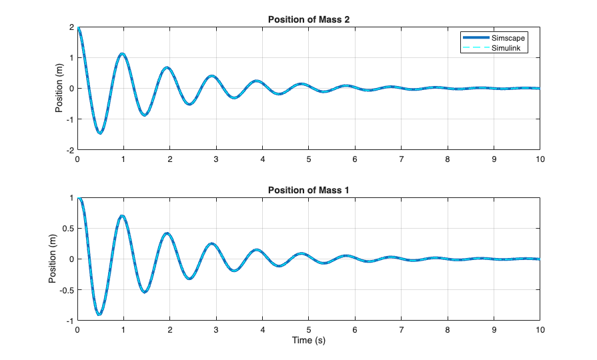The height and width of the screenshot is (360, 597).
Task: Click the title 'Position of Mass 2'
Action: pos(308,19)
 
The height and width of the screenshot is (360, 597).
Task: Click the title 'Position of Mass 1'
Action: pos(308,190)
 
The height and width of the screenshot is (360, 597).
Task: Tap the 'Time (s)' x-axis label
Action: pos(308,340)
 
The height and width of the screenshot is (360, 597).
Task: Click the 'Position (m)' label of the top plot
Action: pos(59,88)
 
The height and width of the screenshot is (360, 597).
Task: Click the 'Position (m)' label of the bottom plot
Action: pos(52,259)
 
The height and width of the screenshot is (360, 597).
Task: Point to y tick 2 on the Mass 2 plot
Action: pos(71,27)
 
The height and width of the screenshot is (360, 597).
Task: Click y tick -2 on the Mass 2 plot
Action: pos(69,150)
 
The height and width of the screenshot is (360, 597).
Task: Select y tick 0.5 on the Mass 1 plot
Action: pos(68,229)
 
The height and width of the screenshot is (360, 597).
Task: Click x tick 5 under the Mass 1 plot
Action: pos(309,330)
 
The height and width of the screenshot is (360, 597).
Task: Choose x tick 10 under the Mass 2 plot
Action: pos(540,159)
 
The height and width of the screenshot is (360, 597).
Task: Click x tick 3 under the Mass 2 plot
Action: pos(216,159)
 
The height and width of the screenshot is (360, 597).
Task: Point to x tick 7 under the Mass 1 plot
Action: pos(402,330)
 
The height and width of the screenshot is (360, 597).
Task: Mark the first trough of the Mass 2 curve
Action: pos(100,133)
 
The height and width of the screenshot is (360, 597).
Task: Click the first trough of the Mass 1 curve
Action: pos(99,314)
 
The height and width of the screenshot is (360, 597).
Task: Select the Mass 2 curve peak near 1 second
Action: pos(122,54)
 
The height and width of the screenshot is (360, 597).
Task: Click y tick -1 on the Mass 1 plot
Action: pos(71,321)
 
